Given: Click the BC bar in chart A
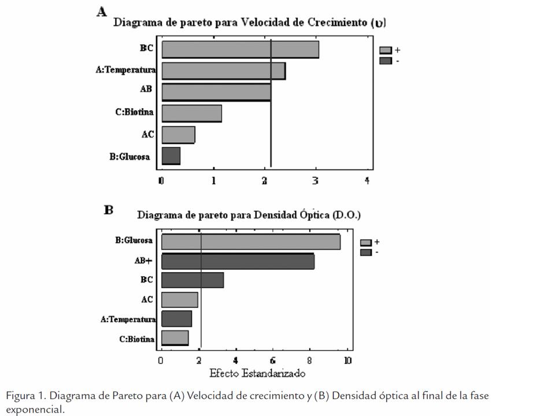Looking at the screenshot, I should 240,49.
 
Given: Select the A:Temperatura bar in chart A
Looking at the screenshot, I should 223,70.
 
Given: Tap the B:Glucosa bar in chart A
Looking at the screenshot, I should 171,156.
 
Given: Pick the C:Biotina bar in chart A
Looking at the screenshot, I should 191,113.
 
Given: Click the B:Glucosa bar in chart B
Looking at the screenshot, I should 250,242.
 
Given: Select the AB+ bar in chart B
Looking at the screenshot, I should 238,261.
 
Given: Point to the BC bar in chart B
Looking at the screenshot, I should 192,280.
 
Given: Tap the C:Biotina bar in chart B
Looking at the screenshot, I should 175,338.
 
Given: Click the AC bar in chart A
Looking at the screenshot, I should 178,135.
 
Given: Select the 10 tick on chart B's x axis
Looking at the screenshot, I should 347,361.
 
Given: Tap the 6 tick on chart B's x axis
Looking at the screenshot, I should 273,361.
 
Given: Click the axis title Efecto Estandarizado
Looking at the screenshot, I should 257,373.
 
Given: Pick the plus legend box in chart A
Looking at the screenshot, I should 386,51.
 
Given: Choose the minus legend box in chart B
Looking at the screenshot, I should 366,252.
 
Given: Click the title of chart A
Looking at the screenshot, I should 249,23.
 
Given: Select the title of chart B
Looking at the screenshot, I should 249,215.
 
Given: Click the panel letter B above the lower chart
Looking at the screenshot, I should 109,210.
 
